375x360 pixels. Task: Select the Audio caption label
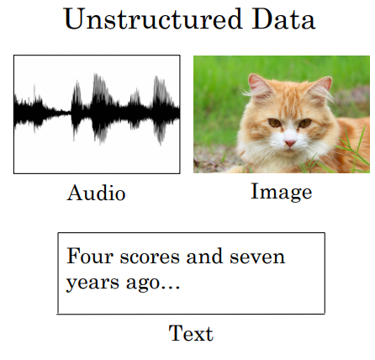coord(96,193)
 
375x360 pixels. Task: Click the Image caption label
coord(281,192)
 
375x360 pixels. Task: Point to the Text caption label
coord(191,333)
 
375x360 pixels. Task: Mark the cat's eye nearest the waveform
coord(274,124)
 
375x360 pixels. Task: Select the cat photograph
coord(282,114)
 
